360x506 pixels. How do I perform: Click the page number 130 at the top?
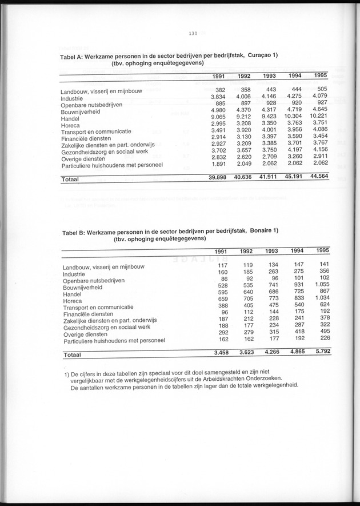193,34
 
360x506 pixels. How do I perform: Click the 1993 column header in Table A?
270,77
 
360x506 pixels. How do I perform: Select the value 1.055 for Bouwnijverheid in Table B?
322,284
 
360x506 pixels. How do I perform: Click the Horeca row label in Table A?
71,125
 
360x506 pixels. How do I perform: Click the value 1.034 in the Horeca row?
322,298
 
